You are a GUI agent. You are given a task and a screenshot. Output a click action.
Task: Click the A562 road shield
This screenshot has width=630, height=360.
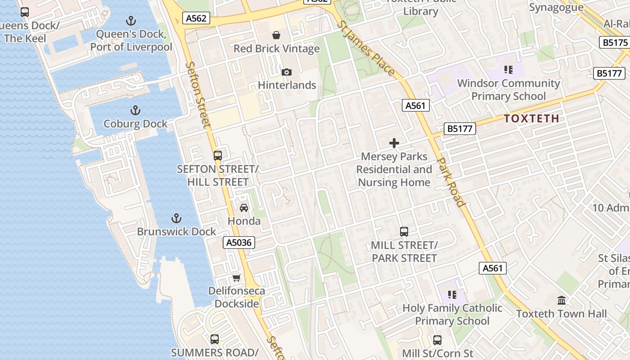(196, 18)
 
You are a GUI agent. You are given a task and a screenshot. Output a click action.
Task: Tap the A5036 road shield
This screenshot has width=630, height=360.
(239, 243)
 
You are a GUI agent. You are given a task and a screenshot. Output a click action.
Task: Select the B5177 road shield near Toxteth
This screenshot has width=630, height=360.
(460, 129)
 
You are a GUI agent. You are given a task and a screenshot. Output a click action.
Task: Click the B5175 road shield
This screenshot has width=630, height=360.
(615, 43)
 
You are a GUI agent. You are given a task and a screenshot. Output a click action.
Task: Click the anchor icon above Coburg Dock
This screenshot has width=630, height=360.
(135, 110)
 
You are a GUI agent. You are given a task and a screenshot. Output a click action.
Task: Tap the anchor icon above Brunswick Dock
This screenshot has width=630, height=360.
(176, 219)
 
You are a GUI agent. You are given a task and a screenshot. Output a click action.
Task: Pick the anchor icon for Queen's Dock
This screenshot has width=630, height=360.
(130, 21)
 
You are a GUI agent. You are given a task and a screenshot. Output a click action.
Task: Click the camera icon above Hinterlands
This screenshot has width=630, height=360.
(286, 72)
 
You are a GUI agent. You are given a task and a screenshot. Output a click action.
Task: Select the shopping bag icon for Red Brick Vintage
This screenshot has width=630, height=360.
(276, 35)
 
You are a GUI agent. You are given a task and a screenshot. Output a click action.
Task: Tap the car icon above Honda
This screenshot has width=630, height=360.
(244, 208)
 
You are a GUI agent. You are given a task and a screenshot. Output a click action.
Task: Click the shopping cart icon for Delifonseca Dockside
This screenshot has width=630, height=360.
(236, 278)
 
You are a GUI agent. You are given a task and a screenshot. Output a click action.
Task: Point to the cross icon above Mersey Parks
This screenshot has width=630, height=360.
(394, 144)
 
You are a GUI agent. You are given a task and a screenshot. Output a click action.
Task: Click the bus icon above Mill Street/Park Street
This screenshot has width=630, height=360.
(404, 232)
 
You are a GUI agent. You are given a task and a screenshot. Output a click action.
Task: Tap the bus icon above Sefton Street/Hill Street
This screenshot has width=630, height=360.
(218, 156)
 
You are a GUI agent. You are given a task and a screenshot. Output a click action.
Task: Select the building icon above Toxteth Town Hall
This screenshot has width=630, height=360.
(562, 300)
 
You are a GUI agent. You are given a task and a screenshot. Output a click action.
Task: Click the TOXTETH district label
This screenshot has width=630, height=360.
(531, 119)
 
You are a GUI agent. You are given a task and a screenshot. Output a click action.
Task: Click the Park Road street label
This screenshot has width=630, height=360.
(450, 182)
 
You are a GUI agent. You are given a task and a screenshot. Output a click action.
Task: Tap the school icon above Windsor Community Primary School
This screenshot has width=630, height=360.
(508, 70)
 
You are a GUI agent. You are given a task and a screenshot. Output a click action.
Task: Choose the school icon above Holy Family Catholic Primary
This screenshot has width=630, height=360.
(452, 295)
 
